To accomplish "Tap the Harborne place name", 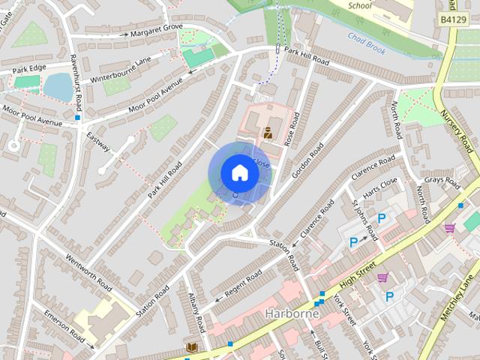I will pyautogui.click(x=292, y=313).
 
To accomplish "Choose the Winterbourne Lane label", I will pyautogui.click(x=120, y=70).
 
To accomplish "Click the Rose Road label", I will pyautogui.click(x=292, y=130).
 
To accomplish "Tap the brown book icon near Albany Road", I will pyautogui.click(x=191, y=347).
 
